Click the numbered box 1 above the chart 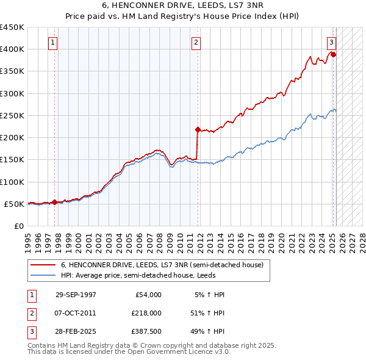pyautogui.click(x=54, y=43)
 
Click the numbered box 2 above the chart pyautogui.click(x=196, y=43)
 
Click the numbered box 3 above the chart pyautogui.click(x=331, y=43)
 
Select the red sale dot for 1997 pyautogui.click(x=55, y=202)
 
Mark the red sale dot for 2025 pyautogui.click(x=334, y=55)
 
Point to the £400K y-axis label pyautogui.click(x=12, y=49)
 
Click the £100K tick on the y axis pyautogui.click(x=12, y=182)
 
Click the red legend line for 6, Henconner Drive pyautogui.click(x=43, y=265)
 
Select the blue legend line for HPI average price pyautogui.click(x=43, y=275)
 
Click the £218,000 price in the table pyautogui.click(x=146, y=313)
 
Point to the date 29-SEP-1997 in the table pyautogui.click(x=76, y=295)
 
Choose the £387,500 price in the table pyautogui.click(x=146, y=331)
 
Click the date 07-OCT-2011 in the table pyautogui.click(x=76, y=313)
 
